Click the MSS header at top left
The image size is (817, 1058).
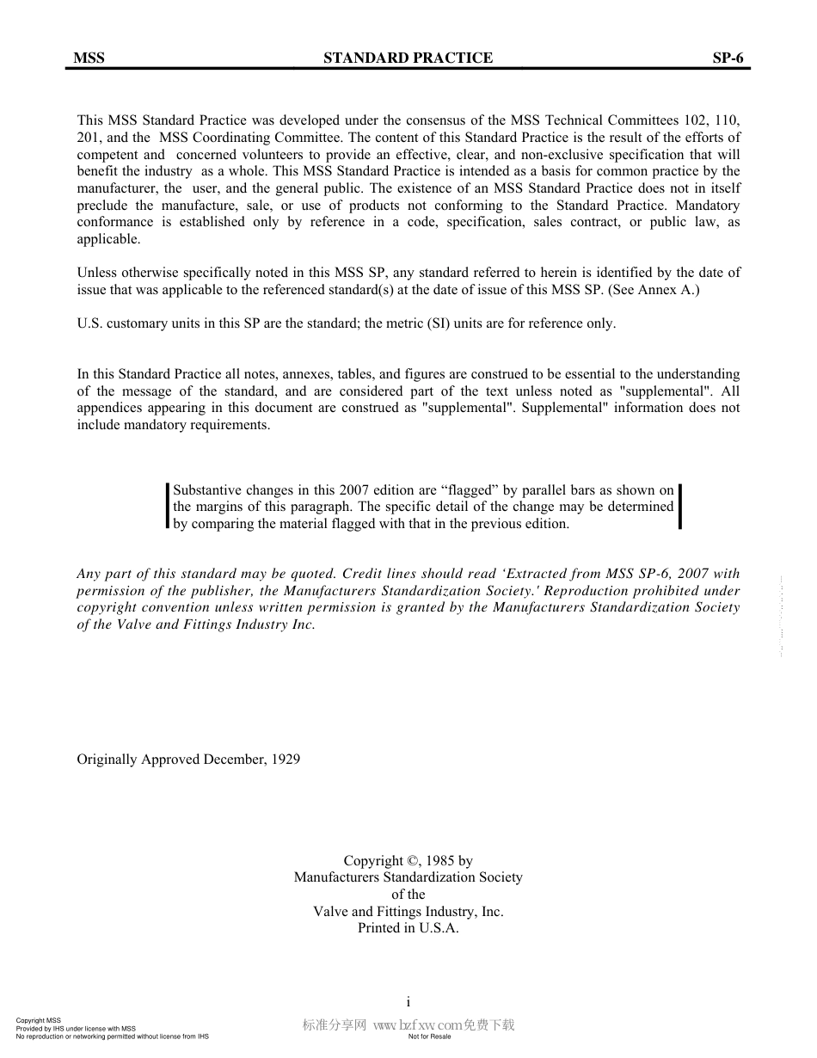point(89,58)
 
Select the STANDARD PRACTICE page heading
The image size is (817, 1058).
point(408,58)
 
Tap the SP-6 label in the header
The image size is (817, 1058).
point(727,58)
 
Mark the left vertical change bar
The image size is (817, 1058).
point(167,507)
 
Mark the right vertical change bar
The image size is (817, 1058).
point(680,507)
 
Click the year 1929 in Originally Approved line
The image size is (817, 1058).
point(286,760)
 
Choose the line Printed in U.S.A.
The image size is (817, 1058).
point(408,928)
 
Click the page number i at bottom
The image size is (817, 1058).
point(408,1001)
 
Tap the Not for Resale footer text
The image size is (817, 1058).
point(429,1036)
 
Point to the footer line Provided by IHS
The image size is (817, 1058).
point(76,1029)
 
